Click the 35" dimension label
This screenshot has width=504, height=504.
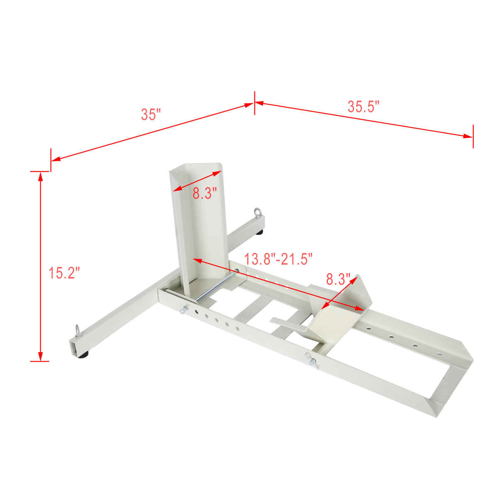151,114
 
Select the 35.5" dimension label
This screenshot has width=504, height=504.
364,107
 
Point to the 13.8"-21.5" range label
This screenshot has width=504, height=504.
278,259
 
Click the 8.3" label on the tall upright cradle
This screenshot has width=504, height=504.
205,193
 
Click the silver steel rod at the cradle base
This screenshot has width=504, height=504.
215,286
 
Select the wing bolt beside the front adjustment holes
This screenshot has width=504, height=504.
185,309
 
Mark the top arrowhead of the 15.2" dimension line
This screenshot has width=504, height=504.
40,176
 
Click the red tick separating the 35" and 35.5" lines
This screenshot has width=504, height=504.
254,103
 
